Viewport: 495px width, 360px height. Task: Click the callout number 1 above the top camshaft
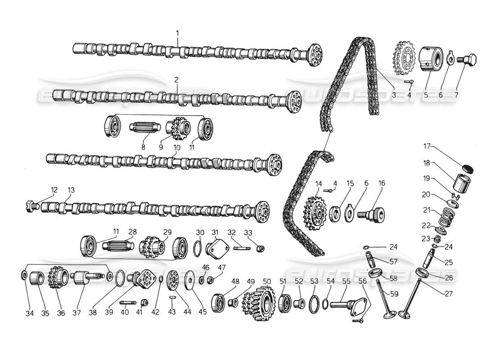(x=177, y=33)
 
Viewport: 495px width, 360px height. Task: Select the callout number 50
(x=267, y=281)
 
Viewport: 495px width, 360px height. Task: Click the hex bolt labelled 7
(x=468, y=60)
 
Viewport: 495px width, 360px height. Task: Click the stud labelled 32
(x=241, y=247)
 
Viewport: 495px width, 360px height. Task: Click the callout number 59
(x=394, y=295)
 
